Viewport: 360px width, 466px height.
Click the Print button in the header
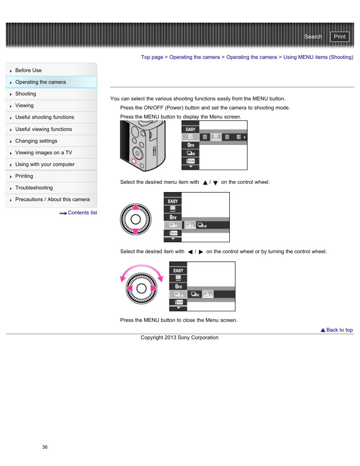point(339,37)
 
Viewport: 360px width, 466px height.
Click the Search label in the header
point(313,37)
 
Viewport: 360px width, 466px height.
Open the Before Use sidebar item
point(28,70)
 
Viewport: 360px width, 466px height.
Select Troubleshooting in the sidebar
point(34,188)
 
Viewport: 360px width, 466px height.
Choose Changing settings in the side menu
point(36,141)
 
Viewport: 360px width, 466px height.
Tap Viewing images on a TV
point(43,152)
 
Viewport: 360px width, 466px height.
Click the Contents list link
point(82,213)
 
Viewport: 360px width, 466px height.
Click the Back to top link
point(339,330)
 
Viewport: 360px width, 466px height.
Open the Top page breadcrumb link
point(152,57)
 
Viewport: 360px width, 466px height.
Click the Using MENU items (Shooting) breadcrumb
point(318,57)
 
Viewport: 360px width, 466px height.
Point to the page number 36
point(45,447)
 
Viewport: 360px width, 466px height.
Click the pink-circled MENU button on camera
point(134,161)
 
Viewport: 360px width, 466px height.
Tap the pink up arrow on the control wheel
point(135,206)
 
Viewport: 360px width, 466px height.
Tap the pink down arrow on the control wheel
point(135,231)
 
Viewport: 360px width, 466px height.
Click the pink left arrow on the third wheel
point(129,288)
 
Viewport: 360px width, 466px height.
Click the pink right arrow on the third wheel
point(154,288)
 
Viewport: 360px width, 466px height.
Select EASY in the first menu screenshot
point(191,129)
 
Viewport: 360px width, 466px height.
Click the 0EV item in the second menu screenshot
point(173,217)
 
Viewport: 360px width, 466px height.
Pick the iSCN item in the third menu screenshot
point(178,302)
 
